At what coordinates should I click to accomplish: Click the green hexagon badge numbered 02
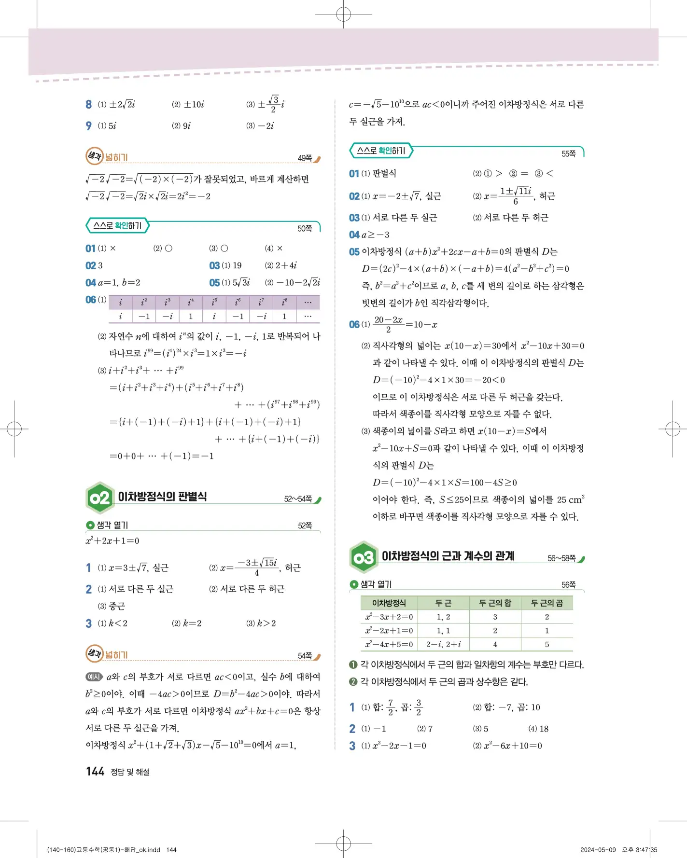100,498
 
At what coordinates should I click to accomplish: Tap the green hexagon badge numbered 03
364,557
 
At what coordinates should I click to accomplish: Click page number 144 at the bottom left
95,771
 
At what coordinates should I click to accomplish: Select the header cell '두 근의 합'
495,603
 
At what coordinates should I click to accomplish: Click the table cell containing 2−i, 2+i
443,644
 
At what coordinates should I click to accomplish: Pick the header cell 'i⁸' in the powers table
284,303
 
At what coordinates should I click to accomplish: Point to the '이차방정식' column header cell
389,603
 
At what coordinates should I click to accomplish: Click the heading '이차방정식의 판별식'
162,497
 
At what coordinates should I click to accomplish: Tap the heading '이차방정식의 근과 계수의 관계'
448,556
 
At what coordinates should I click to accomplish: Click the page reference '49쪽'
305,158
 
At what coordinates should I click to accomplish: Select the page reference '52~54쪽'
298,498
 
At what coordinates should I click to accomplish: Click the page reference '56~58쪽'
561,558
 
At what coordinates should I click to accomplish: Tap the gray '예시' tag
94,677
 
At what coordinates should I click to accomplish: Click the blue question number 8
89,104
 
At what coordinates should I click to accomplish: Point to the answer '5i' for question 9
112,126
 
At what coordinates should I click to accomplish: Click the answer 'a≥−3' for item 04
376,235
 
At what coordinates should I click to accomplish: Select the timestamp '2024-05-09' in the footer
598,850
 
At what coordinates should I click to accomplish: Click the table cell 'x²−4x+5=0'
389,644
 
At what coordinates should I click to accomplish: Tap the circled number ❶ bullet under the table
353,664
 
